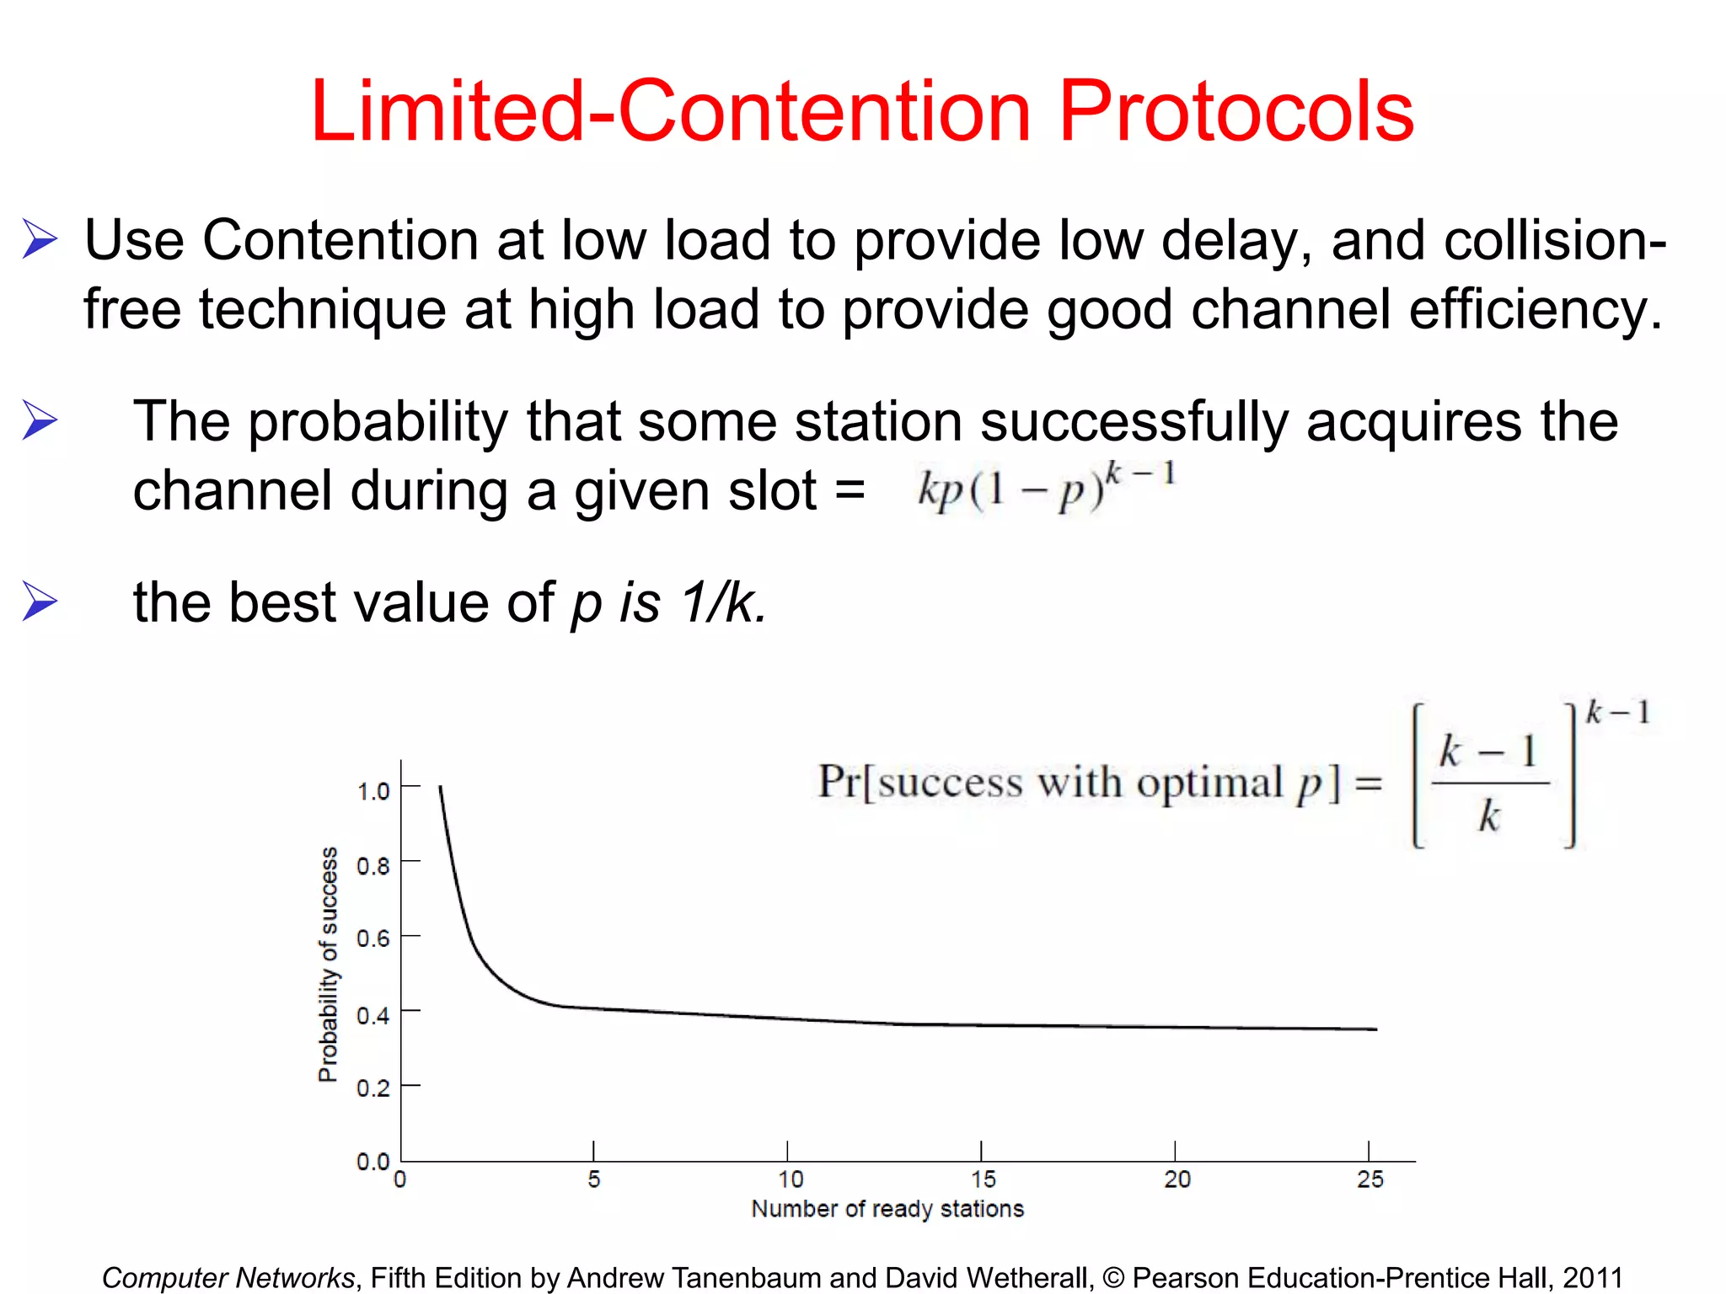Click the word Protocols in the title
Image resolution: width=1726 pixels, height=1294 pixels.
[1236, 112]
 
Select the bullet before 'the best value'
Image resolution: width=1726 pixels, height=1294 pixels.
[40, 602]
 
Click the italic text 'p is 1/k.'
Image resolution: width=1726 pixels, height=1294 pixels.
[669, 603]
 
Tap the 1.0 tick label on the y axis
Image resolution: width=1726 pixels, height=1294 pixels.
[373, 791]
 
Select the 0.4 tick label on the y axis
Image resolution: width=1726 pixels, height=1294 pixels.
[373, 1015]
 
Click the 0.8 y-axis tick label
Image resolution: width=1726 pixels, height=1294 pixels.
[373, 866]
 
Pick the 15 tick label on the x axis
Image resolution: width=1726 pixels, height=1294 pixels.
[983, 1179]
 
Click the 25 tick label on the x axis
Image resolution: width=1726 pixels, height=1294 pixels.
[1370, 1179]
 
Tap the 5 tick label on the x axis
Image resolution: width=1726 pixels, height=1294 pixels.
[594, 1179]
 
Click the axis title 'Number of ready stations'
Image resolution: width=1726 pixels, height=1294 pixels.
[887, 1209]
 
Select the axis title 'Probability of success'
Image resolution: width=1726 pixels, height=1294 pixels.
[328, 964]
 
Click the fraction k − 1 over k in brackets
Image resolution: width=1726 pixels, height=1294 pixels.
[1490, 783]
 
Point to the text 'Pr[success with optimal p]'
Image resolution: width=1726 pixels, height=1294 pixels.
[1079, 783]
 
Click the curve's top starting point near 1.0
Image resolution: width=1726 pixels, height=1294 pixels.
[440, 789]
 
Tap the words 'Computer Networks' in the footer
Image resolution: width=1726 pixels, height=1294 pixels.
[228, 1277]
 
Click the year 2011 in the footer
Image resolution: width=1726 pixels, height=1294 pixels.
[1592, 1277]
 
